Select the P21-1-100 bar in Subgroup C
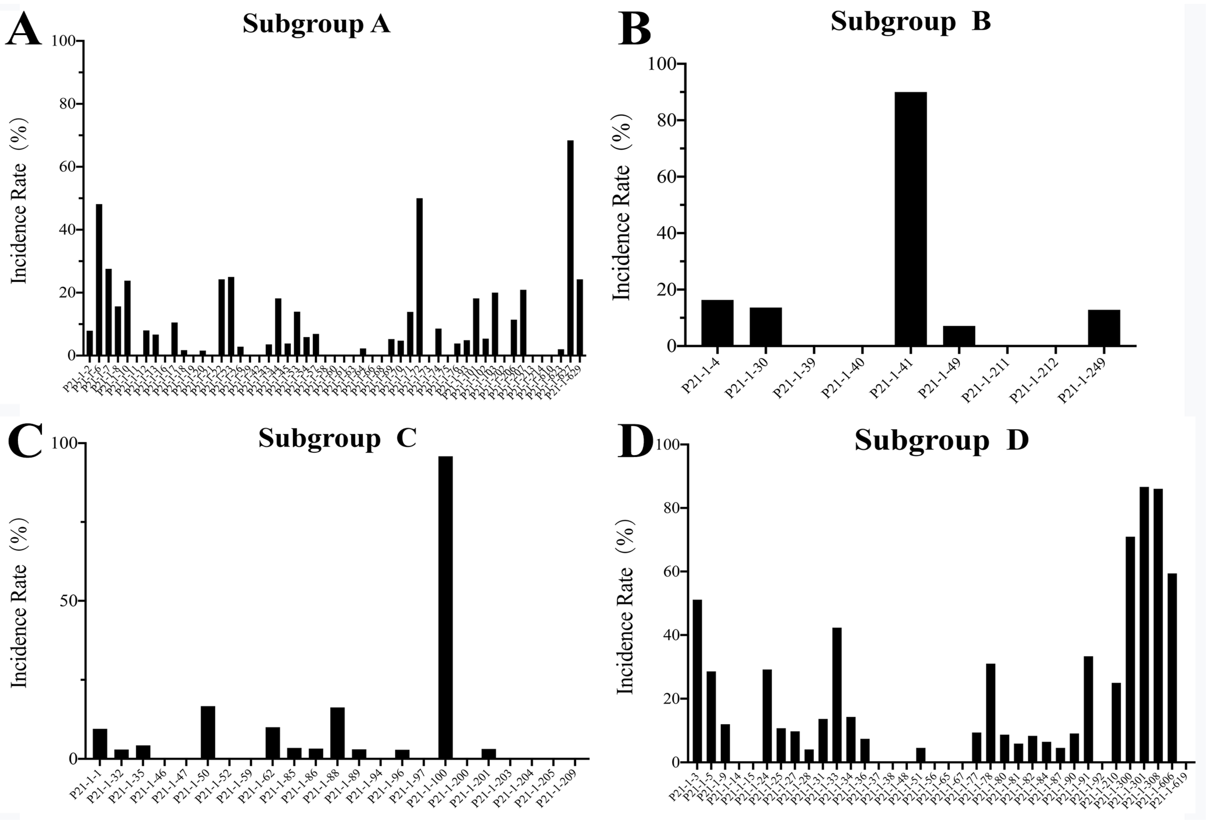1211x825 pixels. coord(445,607)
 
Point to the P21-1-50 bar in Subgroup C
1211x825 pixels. coord(208,732)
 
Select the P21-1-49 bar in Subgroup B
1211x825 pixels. coord(959,336)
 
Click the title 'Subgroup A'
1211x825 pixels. coord(316,24)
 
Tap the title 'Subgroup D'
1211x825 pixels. coord(941,441)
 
